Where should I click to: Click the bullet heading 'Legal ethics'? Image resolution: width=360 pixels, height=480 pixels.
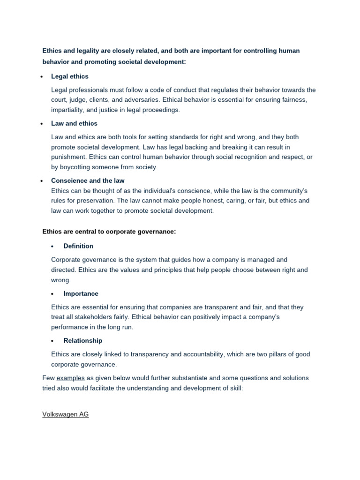pos(69,76)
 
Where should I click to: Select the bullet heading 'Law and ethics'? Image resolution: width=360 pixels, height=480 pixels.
pos(74,123)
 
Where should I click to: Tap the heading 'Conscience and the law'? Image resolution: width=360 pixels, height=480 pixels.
pos(88,180)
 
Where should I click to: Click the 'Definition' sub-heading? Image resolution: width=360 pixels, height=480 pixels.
pos(78,246)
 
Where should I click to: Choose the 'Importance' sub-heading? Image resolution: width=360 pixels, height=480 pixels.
pos(81,293)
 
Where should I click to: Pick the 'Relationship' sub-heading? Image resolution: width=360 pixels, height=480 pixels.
pos(82,341)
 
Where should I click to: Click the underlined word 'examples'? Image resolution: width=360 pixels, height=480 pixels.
pos(70,378)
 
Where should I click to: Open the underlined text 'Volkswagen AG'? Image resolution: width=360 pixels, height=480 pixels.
pos(65,414)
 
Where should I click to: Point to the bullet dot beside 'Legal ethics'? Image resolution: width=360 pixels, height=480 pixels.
pos(42,76)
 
